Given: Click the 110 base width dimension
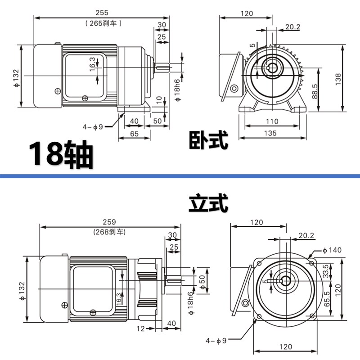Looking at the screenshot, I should pyautogui.click(x=272, y=121).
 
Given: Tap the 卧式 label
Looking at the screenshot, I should pyautogui.click(x=208, y=140).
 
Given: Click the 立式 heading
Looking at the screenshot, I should pyautogui.click(x=208, y=204).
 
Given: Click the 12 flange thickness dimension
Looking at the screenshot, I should pyautogui.click(x=140, y=329).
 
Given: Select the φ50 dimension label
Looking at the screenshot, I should pyautogui.click(x=202, y=279).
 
